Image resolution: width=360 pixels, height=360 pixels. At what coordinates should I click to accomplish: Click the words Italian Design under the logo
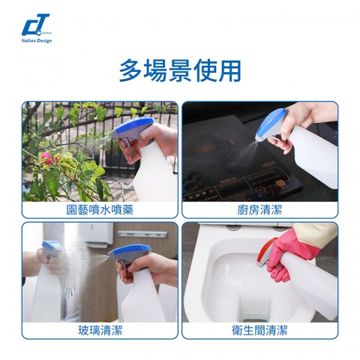tap(37, 40)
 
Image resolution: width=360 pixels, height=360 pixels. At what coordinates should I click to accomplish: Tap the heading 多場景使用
tap(180, 70)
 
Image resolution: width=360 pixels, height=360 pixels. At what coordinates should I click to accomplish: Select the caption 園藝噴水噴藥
tap(100, 210)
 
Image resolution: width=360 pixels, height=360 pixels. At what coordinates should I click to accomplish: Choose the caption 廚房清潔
tap(259, 210)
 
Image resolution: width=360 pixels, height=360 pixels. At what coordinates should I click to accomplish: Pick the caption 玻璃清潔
tap(100, 330)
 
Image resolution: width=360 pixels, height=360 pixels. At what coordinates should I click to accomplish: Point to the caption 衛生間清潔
tap(259, 330)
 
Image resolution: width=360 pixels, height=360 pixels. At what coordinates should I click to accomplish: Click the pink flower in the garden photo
tap(46, 158)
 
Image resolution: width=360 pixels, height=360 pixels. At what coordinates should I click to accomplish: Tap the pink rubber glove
tap(292, 253)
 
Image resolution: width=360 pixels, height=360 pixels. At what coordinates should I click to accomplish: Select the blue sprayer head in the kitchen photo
tap(269, 124)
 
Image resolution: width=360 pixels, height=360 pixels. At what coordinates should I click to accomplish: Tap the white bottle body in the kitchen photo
tap(313, 155)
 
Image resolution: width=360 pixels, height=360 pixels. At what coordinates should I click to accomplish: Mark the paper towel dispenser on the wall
tap(96, 235)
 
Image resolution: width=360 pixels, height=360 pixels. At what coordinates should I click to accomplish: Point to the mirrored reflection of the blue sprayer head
tap(51, 247)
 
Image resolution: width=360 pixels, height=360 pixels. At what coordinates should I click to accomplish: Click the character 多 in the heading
tap(130, 70)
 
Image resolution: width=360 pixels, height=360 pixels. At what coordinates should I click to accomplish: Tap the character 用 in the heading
tap(230, 70)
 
